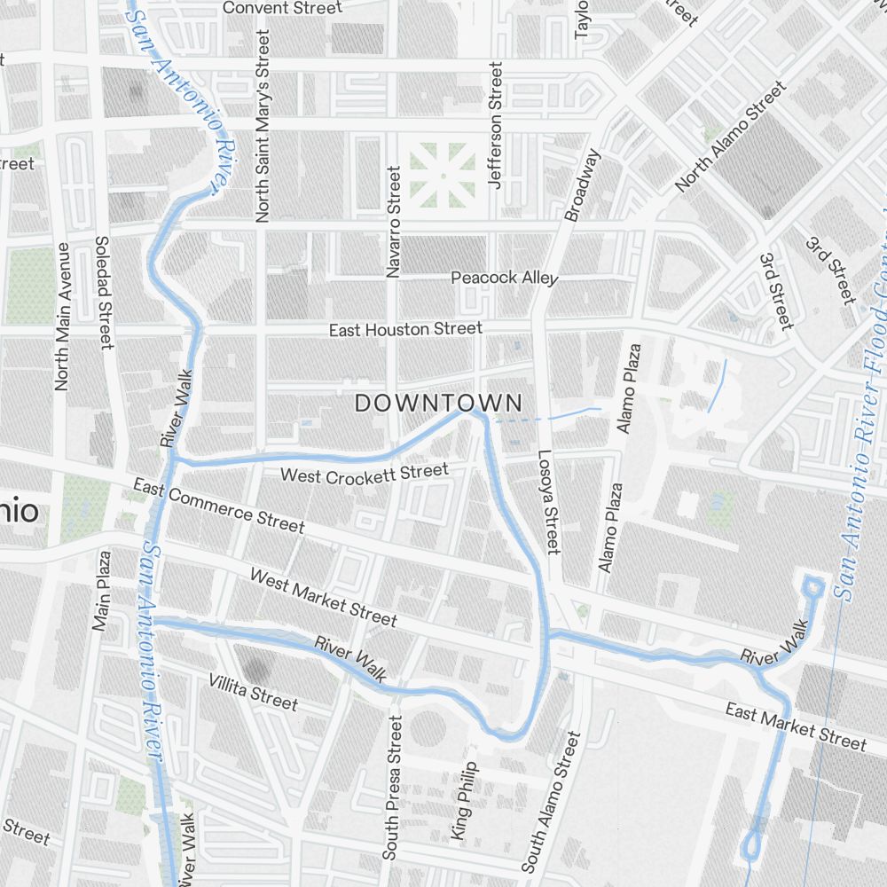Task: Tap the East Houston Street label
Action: (x=405, y=329)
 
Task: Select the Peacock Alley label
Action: (x=504, y=278)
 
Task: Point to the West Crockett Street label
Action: (x=365, y=474)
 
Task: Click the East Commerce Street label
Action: (x=219, y=506)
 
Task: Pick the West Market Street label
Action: (x=323, y=597)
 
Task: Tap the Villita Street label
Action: (x=254, y=692)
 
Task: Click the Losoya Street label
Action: (x=548, y=502)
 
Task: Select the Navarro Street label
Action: (x=394, y=221)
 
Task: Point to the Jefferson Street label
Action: (x=496, y=125)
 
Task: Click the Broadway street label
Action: (x=582, y=184)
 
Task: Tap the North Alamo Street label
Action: (x=730, y=137)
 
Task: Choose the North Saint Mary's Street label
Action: (x=263, y=125)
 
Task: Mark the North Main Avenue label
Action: (x=62, y=316)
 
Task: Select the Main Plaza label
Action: (x=101, y=591)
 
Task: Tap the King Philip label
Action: (x=464, y=801)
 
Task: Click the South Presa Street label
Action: (x=391, y=788)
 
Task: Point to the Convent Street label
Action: (x=282, y=8)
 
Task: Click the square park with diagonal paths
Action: (x=441, y=175)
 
